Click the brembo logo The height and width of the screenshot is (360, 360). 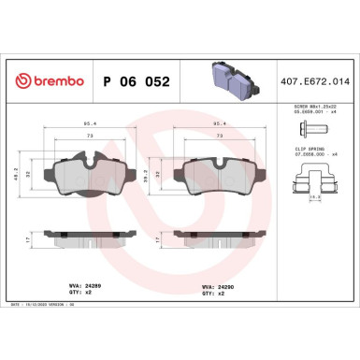coord(43,82)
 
